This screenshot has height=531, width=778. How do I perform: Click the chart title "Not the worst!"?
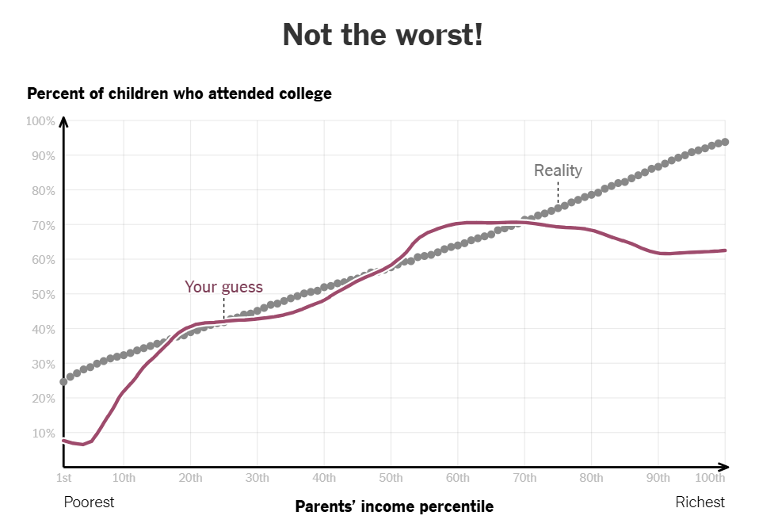(382, 35)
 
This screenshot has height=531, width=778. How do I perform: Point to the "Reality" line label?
(558, 170)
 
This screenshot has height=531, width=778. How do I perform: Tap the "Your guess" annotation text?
(223, 287)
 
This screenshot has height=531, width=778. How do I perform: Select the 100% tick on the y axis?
(40, 121)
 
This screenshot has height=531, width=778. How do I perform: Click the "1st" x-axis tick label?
(63, 478)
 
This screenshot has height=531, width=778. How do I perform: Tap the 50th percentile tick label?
(391, 478)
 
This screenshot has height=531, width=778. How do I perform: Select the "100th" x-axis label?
(710, 478)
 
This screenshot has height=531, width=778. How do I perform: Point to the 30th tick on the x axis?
(257, 478)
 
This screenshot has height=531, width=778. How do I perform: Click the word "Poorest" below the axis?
(89, 502)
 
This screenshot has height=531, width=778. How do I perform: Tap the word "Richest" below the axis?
(700, 502)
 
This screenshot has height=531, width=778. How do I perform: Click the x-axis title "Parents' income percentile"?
(394, 506)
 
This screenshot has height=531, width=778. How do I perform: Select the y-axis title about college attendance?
(179, 94)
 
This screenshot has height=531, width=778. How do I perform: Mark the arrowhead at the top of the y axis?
(63, 121)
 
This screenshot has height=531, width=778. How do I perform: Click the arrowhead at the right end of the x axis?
(723, 467)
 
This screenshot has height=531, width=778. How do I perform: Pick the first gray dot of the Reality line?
(63, 382)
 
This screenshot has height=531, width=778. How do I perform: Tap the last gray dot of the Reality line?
(725, 142)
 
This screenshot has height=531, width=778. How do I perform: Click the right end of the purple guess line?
(725, 250)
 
